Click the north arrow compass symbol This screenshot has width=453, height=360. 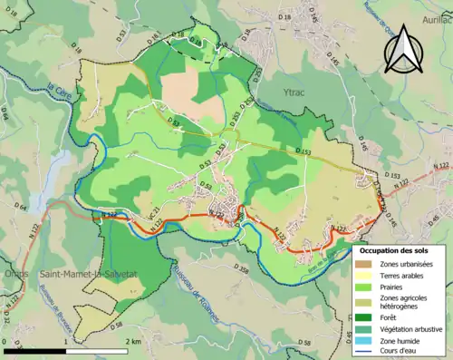pos(405,48)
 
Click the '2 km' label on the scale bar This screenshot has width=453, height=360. pos(132,342)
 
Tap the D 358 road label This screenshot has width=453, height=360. pos(241,269)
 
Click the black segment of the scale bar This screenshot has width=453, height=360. pos(36,350)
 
